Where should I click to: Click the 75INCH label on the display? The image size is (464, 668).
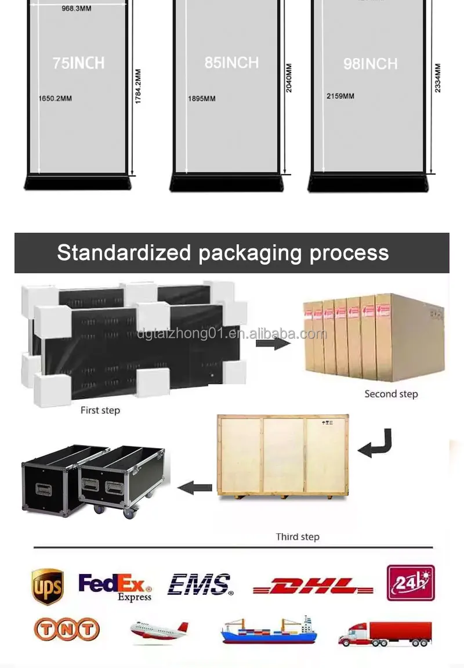point(78,63)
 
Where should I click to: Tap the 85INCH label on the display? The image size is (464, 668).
point(231,63)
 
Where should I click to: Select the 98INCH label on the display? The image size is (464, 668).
point(371,64)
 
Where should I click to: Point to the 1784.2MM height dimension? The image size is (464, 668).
point(138,86)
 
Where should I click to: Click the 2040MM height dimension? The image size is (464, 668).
point(289,78)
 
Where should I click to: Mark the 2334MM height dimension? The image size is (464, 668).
point(438,78)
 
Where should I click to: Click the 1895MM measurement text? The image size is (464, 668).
point(201,99)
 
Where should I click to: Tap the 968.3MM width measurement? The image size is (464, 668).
point(76,8)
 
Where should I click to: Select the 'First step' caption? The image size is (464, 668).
point(100,410)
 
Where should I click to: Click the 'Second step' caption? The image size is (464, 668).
point(391,394)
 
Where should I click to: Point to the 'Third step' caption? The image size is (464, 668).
point(298,537)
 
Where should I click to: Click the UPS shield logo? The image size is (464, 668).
point(48,586)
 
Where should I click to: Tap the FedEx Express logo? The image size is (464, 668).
point(115,586)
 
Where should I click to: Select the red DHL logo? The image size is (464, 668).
point(313,586)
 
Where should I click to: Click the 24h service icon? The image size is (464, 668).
point(411,583)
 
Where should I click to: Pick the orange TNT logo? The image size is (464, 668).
point(67,629)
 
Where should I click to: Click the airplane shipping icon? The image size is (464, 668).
point(159,631)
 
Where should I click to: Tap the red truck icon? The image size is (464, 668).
point(385,633)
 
